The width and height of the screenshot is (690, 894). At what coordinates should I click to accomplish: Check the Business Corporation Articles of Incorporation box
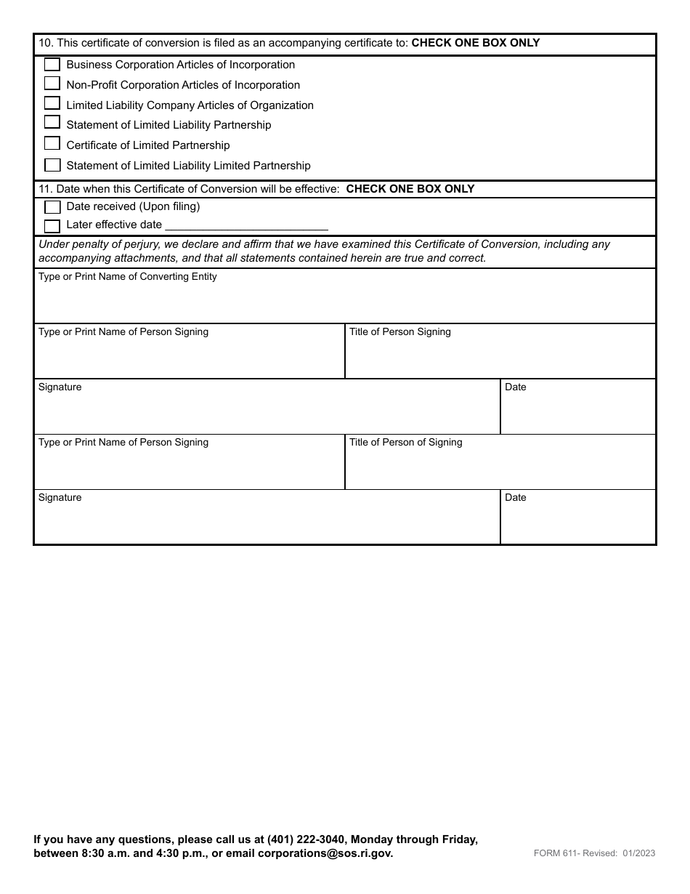pyautogui.click(x=52, y=64)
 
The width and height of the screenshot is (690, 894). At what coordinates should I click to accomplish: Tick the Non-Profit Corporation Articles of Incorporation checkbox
pyautogui.click(x=52, y=84)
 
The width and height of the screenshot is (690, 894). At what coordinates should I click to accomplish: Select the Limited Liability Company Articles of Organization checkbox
pyautogui.click(x=52, y=104)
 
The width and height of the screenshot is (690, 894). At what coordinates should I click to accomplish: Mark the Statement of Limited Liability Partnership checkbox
pyautogui.click(x=52, y=124)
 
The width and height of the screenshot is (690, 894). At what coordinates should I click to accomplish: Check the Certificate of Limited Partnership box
pyautogui.click(x=52, y=144)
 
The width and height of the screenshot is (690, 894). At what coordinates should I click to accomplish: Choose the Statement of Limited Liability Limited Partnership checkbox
pyautogui.click(x=52, y=165)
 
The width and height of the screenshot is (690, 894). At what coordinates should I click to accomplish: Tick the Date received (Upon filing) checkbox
pyautogui.click(x=52, y=207)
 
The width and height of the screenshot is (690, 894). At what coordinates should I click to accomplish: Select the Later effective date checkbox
pyautogui.click(x=52, y=225)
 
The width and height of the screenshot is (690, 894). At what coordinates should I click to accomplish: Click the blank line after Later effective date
pyautogui.click(x=247, y=226)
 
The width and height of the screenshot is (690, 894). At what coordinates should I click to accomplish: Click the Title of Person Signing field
pyautogui.click(x=500, y=357)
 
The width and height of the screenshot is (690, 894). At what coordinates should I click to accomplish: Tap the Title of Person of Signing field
pyautogui.click(x=500, y=467)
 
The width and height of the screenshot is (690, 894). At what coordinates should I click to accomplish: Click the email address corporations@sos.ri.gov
pyautogui.click(x=325, y=853)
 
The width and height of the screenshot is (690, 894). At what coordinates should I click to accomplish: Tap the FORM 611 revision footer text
pyautogui.click(x=594, y=853)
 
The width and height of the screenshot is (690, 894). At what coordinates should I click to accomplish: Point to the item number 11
pyautogui.click(x=45, y=189)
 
